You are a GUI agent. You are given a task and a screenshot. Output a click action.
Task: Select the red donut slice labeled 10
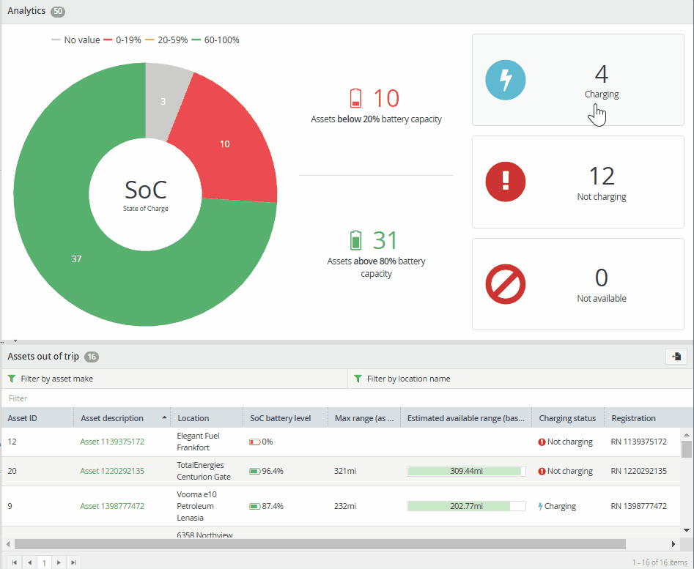click(226, 146)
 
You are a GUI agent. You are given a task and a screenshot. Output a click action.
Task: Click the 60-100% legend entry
click(215, 40)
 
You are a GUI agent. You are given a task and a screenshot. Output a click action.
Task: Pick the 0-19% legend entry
click(122, 40)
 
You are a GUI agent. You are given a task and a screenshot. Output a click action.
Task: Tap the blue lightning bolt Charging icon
click(506, 80)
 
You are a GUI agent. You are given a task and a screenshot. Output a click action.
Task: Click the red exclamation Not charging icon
click(506, 182)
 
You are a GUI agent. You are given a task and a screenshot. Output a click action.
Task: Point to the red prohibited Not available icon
click(506, 284)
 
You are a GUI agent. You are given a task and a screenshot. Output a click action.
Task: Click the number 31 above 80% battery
click(385, 240)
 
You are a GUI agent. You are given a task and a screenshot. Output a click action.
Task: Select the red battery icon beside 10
click(355, 98)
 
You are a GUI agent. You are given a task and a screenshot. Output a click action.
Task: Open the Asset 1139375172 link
click(112, 442)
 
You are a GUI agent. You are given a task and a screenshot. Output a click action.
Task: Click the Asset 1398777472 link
click(112, 506)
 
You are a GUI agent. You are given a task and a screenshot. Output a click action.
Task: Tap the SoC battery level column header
click(281, 418)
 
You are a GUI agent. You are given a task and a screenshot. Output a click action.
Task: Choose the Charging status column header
click(567, 418)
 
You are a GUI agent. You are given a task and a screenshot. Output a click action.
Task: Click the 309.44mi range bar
click(466, 472)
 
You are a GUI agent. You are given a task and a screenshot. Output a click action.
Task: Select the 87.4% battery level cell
click(267, 506)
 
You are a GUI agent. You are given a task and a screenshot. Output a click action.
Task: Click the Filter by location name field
click(520, 379)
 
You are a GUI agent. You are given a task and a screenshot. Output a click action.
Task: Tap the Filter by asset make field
click(174, 379)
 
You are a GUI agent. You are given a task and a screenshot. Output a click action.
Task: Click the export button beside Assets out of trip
click(676, 357)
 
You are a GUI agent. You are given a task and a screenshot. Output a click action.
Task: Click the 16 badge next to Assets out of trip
click(92, 357)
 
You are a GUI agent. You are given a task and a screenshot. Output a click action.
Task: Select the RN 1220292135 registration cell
click(639, 472)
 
